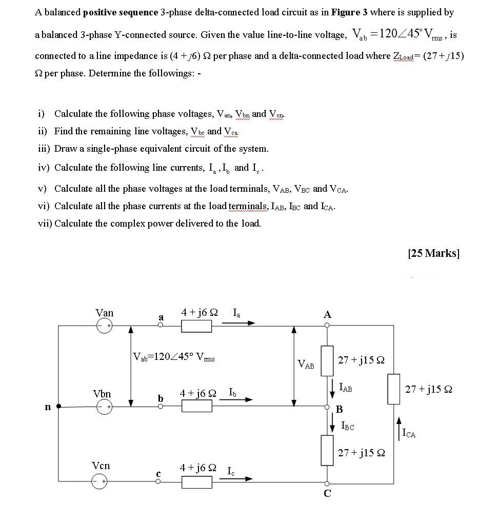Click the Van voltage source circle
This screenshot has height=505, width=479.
105,325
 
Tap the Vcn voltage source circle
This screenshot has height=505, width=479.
101,481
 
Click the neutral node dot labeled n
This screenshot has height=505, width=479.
58,407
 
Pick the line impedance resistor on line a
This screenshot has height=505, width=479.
196,325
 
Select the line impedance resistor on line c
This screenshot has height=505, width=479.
196,481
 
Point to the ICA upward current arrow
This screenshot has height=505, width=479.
399,428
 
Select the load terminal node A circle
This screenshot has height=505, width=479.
327,325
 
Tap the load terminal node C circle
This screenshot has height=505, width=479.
327,483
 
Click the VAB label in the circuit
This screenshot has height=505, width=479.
306,365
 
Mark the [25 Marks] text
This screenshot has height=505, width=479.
433,253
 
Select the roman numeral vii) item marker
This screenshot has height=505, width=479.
45,224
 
